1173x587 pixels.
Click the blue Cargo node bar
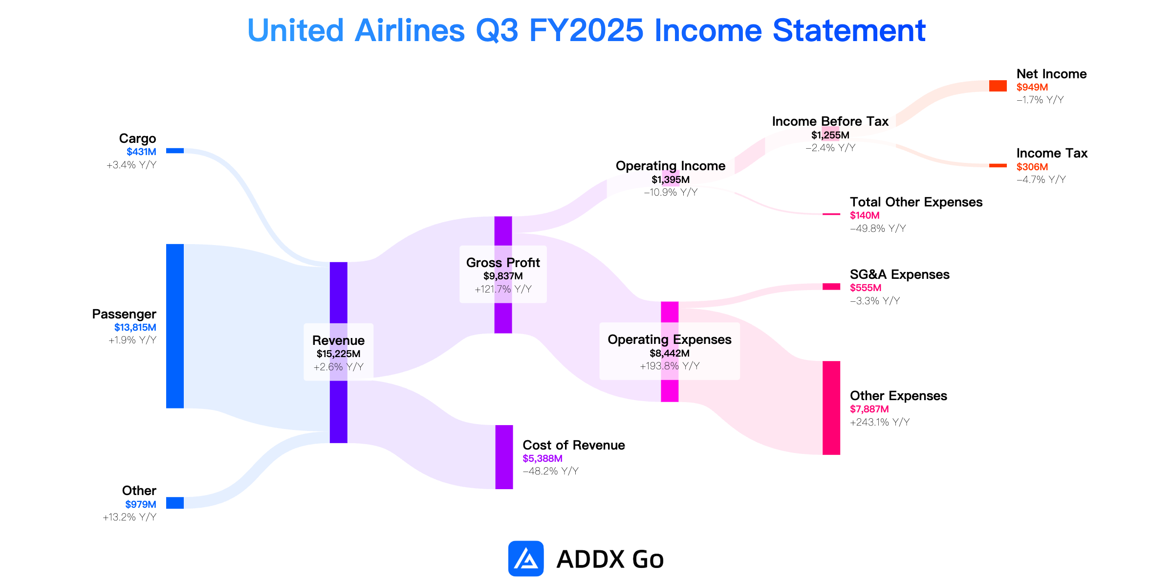(175, 151)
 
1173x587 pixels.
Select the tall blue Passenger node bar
(175, 326)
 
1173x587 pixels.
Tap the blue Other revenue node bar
(175, 503)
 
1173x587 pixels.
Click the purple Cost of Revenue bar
(504, 457)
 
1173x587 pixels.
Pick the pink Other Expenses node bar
(831, 408)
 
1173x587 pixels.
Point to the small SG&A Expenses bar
(831, 287)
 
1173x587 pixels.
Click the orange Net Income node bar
(998, 86)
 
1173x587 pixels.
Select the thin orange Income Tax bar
(998, 165)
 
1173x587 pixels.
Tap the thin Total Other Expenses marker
(831, 214)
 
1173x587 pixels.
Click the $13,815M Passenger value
(135, 327)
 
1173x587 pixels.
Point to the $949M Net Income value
(1032, 87)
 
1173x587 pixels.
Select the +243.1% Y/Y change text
(880, 422)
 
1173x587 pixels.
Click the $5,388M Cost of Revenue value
(543, 458)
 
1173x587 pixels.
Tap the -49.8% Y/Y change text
(878, 228)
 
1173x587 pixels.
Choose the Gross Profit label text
(503, 263)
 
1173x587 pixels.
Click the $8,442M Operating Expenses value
(670, 353)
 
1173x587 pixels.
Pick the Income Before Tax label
(830, 121)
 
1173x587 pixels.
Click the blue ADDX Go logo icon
(526, 559)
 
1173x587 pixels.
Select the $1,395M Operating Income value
(671, 180)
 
